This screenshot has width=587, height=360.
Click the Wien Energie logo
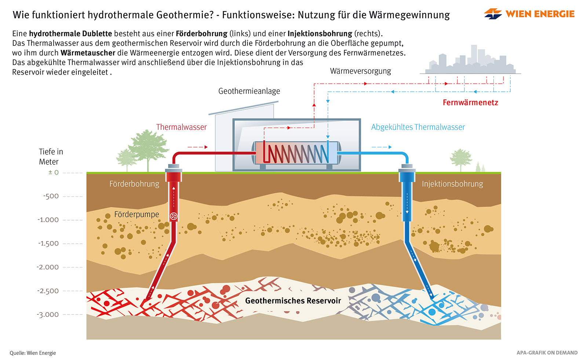529,14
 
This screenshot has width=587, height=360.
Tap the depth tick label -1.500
48,243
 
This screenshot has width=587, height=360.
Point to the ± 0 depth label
54,172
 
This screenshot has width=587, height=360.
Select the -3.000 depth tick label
48,314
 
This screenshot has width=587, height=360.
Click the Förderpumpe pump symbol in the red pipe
174,216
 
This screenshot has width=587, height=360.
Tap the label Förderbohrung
134,184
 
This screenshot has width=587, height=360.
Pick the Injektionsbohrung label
452,184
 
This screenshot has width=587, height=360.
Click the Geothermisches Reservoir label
293,301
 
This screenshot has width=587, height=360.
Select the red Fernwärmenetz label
470,103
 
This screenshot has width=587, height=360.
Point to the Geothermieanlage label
249,91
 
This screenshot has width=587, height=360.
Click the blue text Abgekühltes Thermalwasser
418,127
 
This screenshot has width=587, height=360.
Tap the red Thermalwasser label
181,127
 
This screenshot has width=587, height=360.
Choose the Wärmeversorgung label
360,71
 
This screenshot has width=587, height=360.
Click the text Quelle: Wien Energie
33,353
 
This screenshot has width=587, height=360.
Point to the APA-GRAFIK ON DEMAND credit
547,353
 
